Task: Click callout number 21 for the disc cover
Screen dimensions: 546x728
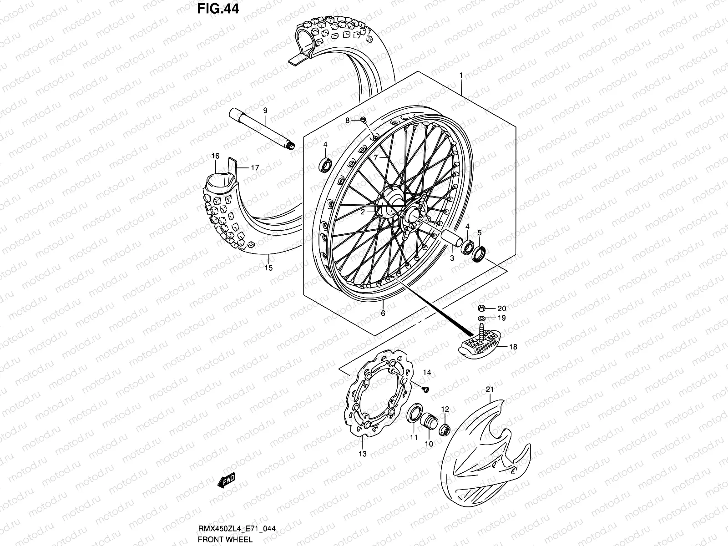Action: [x=490, y=389]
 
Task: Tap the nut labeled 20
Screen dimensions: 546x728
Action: [x=482, y=308]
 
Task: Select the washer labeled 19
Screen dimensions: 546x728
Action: [x=482, y=318]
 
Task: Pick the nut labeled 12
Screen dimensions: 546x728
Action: [x=445, y=429]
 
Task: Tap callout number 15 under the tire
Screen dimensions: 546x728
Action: [x=269, y=268]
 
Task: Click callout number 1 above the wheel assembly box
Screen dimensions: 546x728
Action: [x=461, y=74]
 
